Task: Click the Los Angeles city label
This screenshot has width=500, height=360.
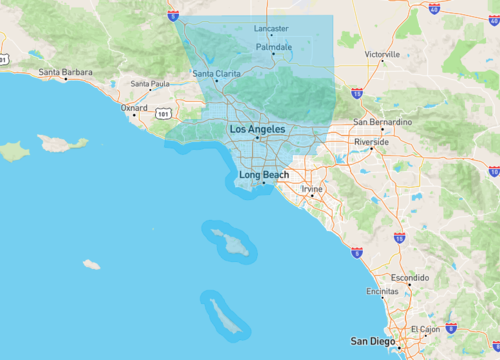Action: (x=257, y=130)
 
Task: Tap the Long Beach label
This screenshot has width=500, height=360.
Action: (x=264, y=175)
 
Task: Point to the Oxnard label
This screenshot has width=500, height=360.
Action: (x=134, y=107)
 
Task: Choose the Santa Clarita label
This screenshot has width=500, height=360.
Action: (x=216, y=73)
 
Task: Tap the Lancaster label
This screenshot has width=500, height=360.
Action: (x=271, y=28)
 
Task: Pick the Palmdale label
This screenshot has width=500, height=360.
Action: (x=273, y=47)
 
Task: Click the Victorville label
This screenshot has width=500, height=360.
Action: (x=382, y=54)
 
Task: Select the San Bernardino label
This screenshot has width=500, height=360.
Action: (x=382, y=122)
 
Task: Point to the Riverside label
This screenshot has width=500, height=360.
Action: (x=371, y=142)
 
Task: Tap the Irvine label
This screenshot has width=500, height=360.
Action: (x=313, y=188)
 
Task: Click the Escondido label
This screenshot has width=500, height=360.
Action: (x=409, y=276)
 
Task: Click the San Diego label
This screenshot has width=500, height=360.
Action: (x=372, y=341)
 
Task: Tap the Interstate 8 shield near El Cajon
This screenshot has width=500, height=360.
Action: (x=451, y=328)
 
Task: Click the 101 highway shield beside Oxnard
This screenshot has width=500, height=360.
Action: (x=162, y=114)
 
